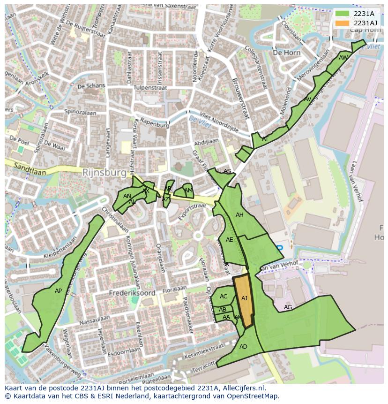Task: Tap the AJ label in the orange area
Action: coord(244,298)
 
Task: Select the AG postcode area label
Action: coord(288,307)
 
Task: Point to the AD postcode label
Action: coord(243,347)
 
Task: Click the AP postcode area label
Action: coord(58,291)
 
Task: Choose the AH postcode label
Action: coord(239,215)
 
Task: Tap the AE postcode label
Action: coord(229,240)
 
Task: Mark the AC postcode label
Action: coord(224,297)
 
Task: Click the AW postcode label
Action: coord(343,58)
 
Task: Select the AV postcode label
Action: coord(307,99)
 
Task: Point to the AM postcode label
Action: coord(188,191)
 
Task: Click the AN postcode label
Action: coord(127,196)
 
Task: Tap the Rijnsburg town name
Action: coord(104,173)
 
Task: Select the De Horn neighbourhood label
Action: coord(286,53)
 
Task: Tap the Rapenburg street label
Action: coord(154,125)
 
